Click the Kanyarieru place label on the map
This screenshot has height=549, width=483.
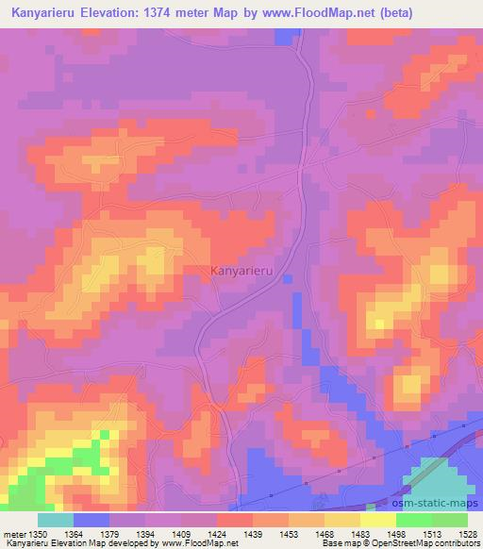(x=245, y=269)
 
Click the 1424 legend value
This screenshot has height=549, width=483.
(x=216, y=534)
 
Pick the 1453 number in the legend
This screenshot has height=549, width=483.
(x=288, y=534)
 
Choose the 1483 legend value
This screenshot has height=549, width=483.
(x=359, y=534)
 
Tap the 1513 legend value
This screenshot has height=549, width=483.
(x=431, y=534)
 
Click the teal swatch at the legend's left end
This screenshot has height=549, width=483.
(x=55, y=520)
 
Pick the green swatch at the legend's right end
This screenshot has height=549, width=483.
(x=449, y=520)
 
